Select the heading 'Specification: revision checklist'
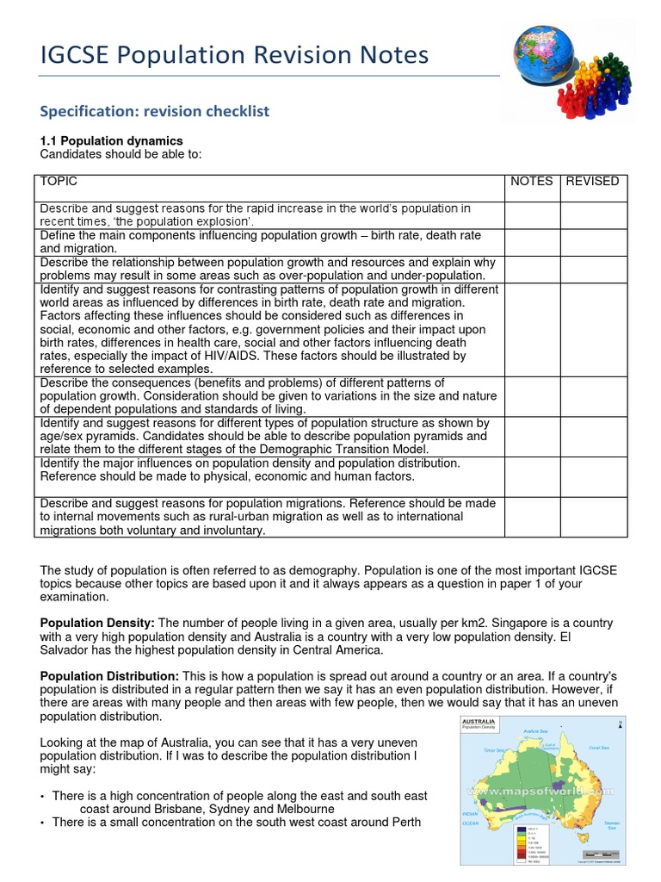pyautogui.click(x=155, y=111)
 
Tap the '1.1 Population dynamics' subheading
pyautogui.click(x=112, y=140)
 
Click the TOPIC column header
pyautogui.click(x=59, y=181)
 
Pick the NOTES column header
pyautogui.click(x=532, y=181)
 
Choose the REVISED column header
pyautogui.click(x=592, y=181)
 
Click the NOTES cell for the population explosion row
pyautogui.click(x=532, y=214)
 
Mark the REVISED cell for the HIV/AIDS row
pyautogui.click(x=594, y=329)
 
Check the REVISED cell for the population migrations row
pyautogui.click(x=594, y=517)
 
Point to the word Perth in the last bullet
pyautogui.click(x=404, y=823)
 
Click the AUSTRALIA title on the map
pyautogui.click(x=479, y=721)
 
